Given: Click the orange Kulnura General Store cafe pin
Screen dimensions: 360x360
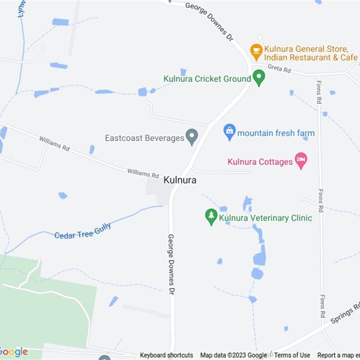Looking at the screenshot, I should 256,52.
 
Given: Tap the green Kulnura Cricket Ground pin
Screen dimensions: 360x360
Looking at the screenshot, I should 259,78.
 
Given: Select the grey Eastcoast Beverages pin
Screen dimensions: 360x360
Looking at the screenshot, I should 192,137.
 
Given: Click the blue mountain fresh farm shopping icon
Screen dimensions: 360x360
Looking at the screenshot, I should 229,132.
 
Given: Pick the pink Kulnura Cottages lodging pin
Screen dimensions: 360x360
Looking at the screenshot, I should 301,160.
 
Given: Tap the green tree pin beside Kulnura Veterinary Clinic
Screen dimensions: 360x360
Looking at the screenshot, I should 211,217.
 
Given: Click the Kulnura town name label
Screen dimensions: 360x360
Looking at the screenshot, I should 180,180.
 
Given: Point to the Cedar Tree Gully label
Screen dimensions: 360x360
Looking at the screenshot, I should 82,231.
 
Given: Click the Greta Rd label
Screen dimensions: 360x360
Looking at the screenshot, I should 279,69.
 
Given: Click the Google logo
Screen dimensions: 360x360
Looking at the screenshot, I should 13,352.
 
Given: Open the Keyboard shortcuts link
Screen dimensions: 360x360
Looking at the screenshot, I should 166,355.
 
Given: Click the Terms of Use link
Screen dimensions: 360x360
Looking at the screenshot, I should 292,355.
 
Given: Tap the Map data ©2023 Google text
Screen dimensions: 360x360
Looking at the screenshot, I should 234,355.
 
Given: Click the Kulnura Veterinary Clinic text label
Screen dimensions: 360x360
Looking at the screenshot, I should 265,218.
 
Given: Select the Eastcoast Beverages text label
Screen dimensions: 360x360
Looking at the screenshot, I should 144,138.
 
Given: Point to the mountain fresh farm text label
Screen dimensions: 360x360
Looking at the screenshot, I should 276,133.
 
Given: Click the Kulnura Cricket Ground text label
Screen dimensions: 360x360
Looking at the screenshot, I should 207,79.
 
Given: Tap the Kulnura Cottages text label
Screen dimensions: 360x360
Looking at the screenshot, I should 260,162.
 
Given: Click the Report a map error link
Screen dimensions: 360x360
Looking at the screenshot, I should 338,355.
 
